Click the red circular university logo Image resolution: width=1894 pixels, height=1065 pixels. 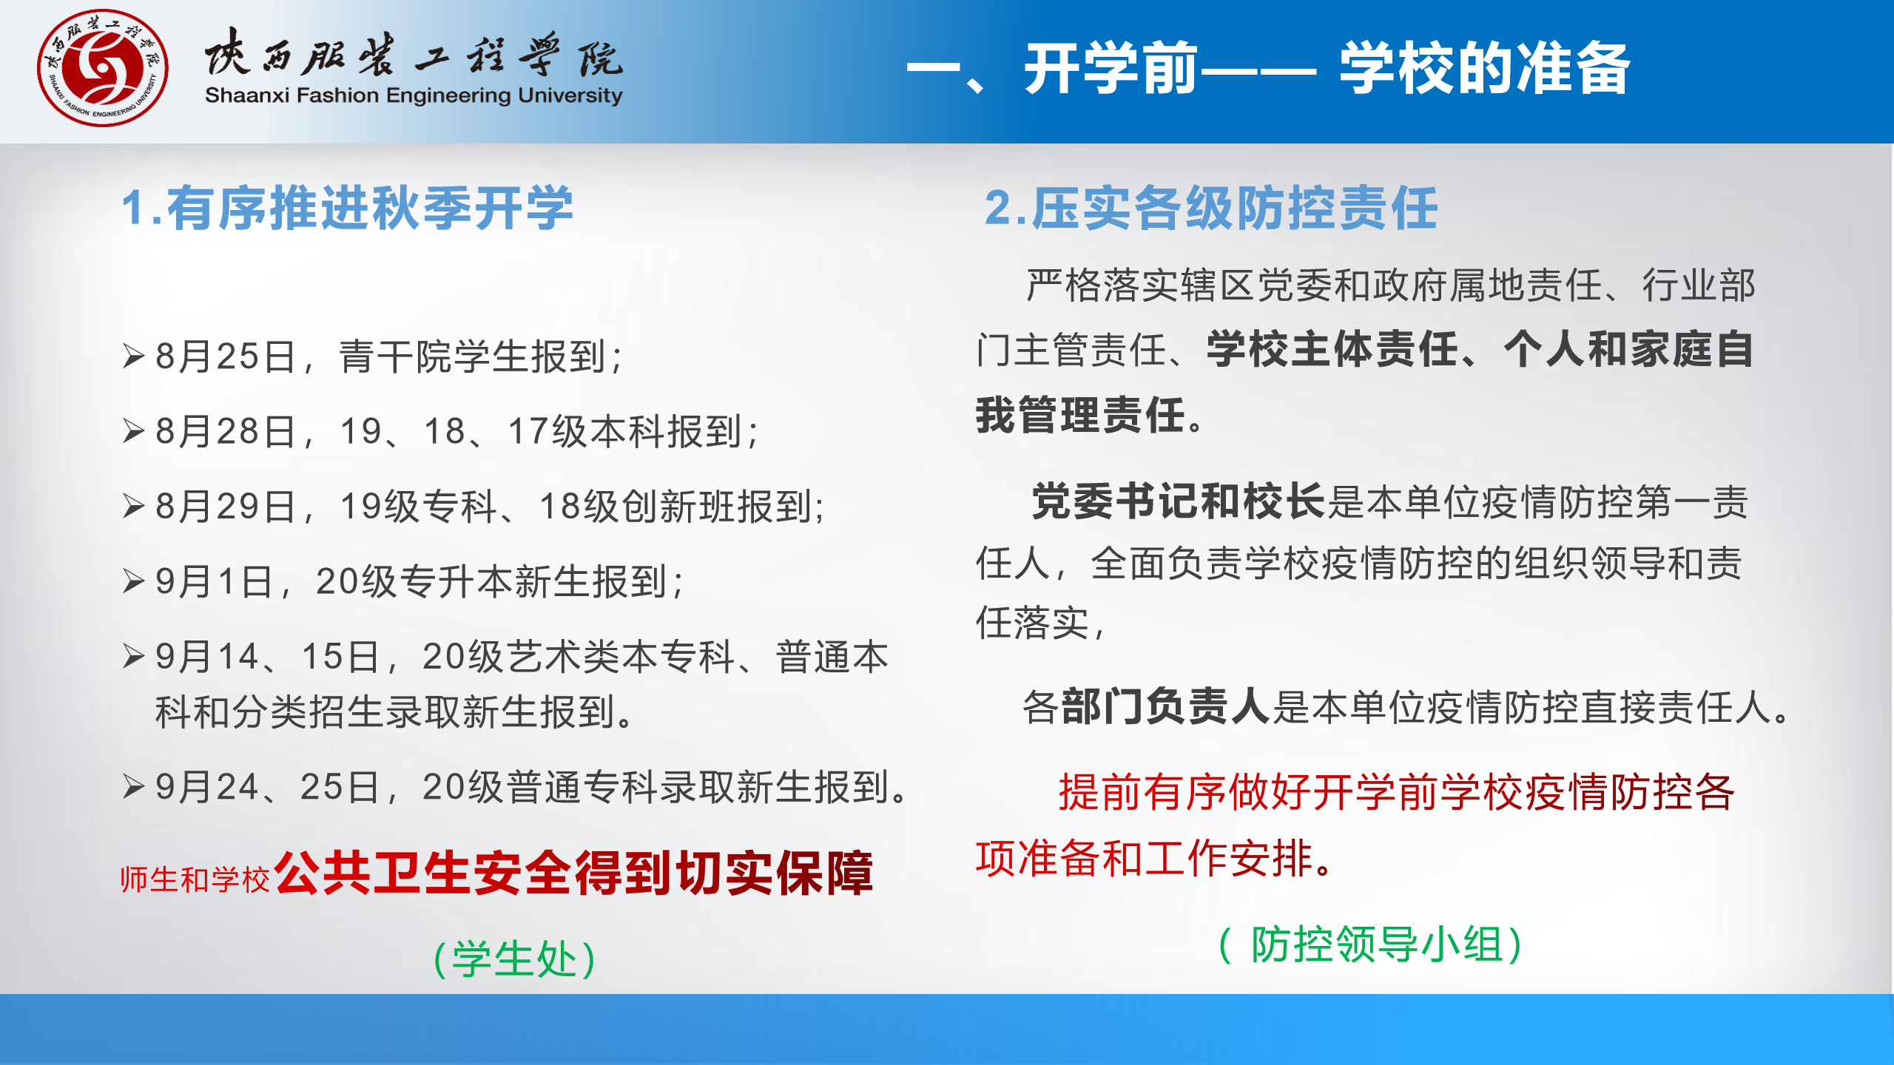click(x=103, y=68)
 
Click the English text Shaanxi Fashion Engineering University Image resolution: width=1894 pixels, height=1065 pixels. click(x=414, y=95)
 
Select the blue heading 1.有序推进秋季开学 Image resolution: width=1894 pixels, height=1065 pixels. click(x=347, y=208)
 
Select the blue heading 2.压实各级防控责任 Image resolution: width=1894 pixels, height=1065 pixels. click(x=1211, y=208)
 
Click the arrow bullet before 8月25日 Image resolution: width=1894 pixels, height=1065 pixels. click(x=133, y=356)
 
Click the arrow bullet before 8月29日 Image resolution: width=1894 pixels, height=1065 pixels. click(x=133, y=506)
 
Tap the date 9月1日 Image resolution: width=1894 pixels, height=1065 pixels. click(x=214, y=581)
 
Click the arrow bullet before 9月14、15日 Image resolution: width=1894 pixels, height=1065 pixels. click(x=133, y=656)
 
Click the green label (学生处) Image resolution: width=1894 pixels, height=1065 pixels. click(x=514, y=959)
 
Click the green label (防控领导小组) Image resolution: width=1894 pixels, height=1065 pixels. click(x=1370, y=944)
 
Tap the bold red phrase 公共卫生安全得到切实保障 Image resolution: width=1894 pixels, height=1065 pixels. click(x=574, y=873)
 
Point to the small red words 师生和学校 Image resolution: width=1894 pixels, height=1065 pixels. click(x=195, y=879)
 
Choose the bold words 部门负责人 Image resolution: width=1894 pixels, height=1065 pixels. click(x=1166, y=706)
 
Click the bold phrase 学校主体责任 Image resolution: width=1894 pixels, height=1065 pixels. click(x=1332, y=349)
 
